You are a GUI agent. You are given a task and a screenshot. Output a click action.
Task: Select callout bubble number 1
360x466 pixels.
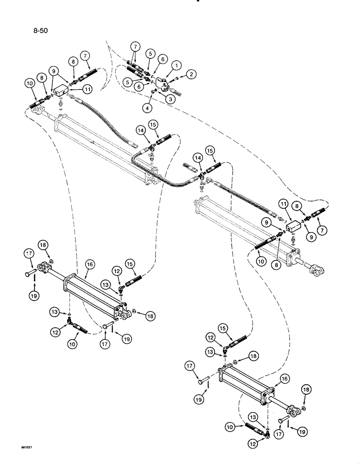177,64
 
